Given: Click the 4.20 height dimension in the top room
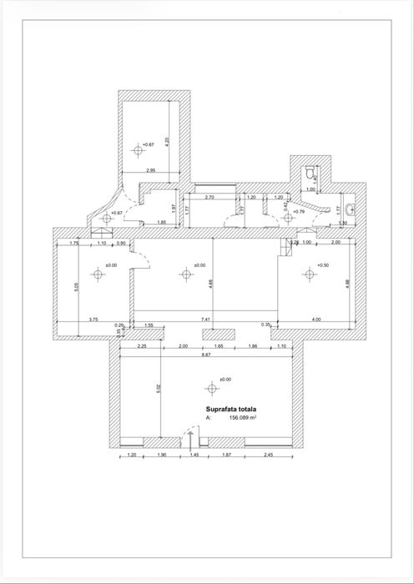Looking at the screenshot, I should pos(168,141).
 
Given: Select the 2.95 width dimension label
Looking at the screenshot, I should pos(150,171).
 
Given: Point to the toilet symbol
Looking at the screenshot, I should pos(311,172).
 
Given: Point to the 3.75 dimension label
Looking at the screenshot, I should pos(93,320).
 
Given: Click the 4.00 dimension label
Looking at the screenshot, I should pos(317,320).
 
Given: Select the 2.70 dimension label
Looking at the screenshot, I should pos(210,197).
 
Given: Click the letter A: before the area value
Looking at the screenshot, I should pos(209,420).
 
